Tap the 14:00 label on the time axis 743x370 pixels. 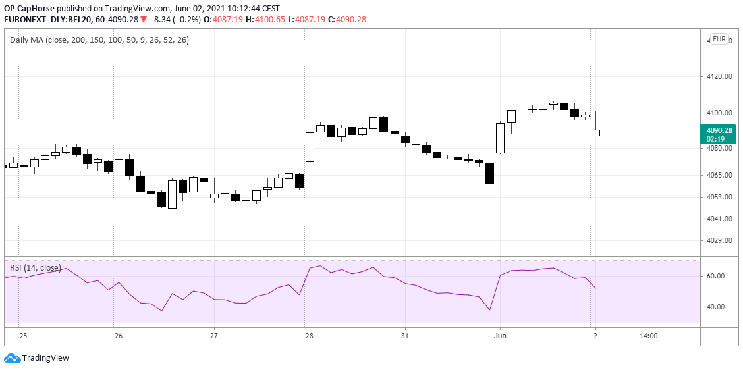pos(648,336)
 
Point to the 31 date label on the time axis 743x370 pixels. pos(404,336)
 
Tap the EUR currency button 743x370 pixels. pos(719,40)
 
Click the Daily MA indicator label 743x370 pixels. pos(99,40)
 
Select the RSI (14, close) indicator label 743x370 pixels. pos(36,267)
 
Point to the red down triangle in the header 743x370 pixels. pos(143,20)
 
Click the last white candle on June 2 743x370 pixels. pos(595,132)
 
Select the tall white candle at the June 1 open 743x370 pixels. pos(500,138)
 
